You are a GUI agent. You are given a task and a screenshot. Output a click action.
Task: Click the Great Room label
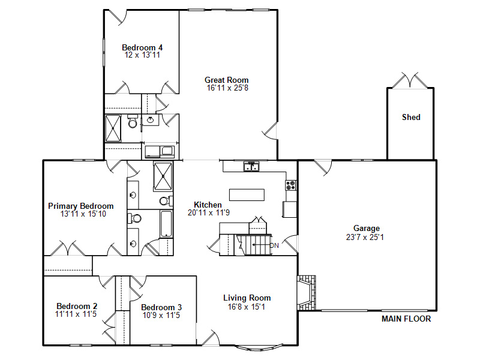pos(227,80)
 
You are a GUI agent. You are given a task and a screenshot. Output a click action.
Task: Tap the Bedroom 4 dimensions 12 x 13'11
pos(142,55)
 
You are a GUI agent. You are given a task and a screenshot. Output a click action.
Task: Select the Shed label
pos(411,117)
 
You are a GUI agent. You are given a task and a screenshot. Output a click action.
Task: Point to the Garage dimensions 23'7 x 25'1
pos(365,237)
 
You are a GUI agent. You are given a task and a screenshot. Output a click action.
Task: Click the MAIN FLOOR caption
pos(406,319)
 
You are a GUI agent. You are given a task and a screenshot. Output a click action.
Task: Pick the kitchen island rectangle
pos(247,195)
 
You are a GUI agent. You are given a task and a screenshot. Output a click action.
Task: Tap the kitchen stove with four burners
pos(291,185)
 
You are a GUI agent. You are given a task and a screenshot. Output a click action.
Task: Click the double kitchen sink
pos(251,167)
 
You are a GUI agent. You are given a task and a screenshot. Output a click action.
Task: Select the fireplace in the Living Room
pos(307,293)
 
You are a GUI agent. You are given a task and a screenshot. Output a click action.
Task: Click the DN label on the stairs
pos(274,245)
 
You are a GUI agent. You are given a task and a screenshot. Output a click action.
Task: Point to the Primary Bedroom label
pos(81,206)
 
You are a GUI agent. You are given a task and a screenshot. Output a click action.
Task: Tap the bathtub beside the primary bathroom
pos(166,224)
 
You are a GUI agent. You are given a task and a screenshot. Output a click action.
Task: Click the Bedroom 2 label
pos(77,306)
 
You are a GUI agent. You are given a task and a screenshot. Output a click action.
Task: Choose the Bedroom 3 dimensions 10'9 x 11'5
pos(161,316)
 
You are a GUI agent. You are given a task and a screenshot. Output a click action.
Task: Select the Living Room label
pos(247,298)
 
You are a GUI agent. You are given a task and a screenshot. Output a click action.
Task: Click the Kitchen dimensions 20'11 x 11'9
pos(209,213)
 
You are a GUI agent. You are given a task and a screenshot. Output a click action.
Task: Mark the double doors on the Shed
pos(410,80)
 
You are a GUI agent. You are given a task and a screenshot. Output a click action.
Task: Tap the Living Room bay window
pos(260,347)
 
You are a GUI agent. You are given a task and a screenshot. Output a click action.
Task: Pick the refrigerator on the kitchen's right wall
pos(290,209)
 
